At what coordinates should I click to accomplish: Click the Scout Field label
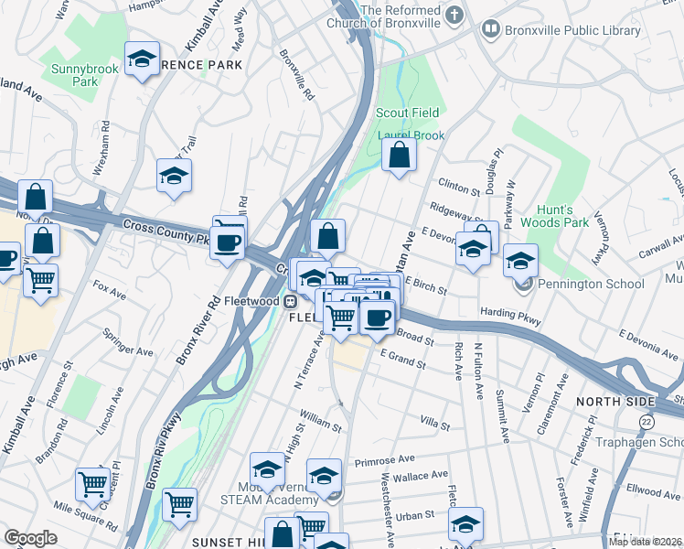pyautogui.click(x=408, y=113)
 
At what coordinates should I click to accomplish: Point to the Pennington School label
pyautogui.click(x=591, y=284)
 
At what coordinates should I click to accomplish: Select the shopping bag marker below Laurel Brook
pyautogui.click(x=399, y=156)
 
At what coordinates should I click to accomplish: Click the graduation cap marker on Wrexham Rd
pyautogui.click(x=174, y=176)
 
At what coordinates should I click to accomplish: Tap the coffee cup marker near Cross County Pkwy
pyautogui.click(x=227, y=243)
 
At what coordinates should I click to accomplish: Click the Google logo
pyautogui.click(x=30, y=538)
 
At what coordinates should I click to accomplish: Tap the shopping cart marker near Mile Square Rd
pyautogui.click(x=91, y=485)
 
